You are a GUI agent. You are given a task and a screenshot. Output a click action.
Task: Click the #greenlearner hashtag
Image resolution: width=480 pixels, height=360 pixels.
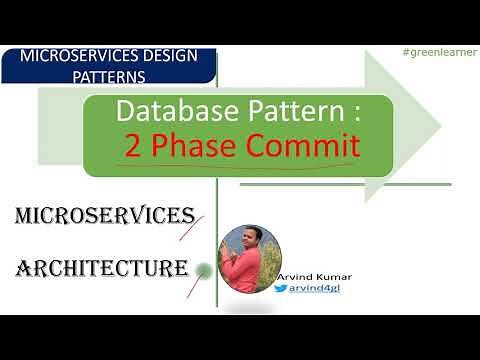click(435, 51)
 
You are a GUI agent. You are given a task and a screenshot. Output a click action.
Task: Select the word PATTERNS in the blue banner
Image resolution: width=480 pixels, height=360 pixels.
click(84, 75)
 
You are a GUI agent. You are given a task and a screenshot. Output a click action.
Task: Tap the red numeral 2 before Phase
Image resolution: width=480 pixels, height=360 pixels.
click(132, 146)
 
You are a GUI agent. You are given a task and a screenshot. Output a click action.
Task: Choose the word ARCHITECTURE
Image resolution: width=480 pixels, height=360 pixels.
click(101, 267)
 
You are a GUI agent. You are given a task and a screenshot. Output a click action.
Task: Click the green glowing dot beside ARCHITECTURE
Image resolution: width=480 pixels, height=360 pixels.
click(204, 268)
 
